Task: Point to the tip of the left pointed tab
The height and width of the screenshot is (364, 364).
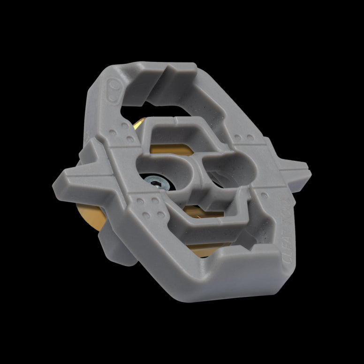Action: pyautogui.click(x=57, y=179)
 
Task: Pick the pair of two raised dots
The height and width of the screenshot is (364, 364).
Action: pyautogui.click(x=244, y=138)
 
